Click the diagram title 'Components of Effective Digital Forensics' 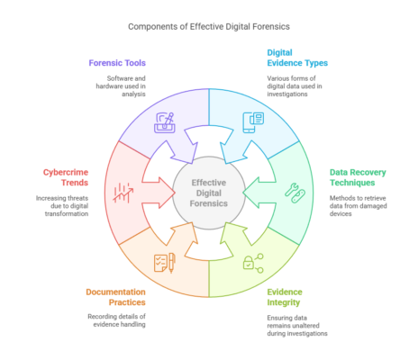coord(209,27)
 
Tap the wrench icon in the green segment coord(292,190)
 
